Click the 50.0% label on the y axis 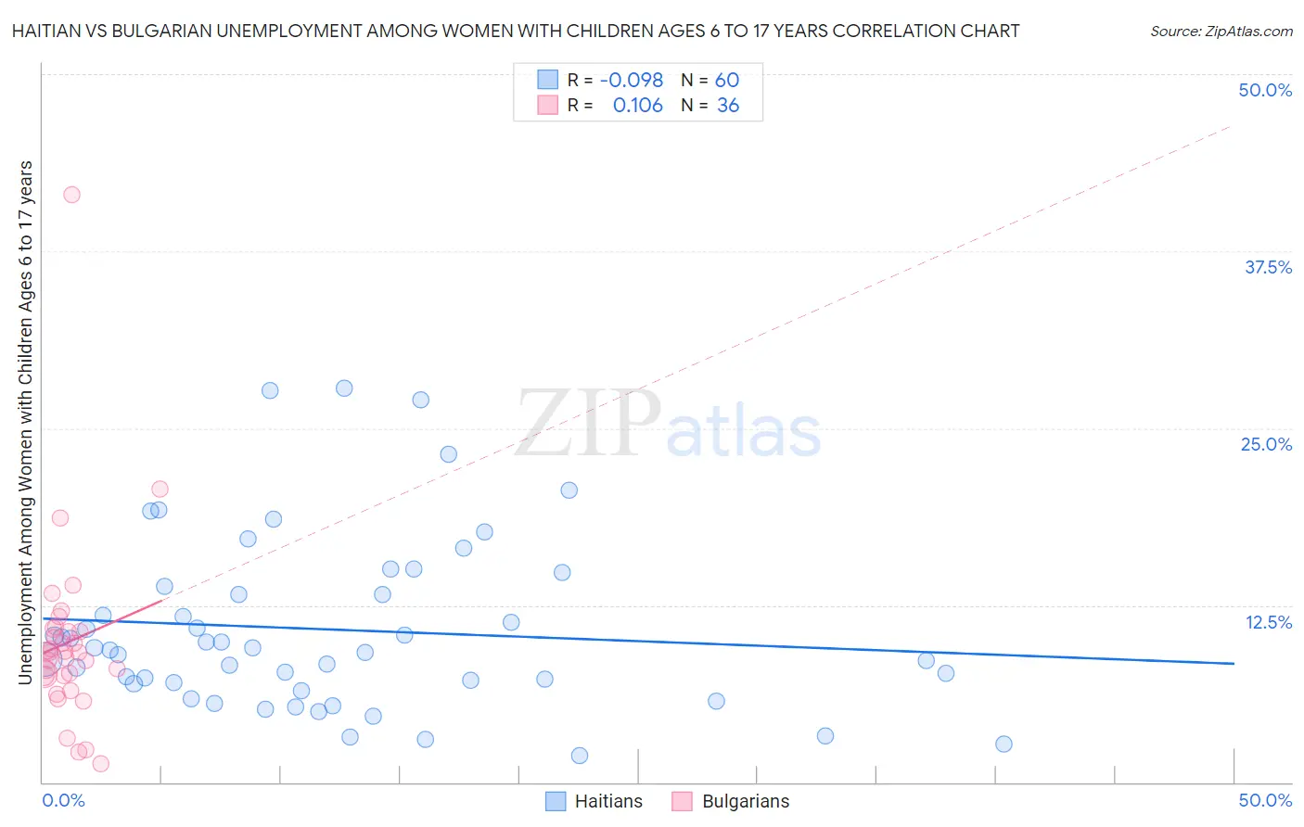click(x=1265, y=90)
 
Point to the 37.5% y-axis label click(x=1268, y=267)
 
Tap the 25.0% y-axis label click(x=1266, y=444)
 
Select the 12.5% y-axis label click(x=1268, y=622)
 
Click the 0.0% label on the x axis click(x=63, y=800)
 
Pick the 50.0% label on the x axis click(x=1265, y=800)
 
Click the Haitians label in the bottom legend click(x=608, y=801)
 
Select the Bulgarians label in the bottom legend click(x=746, y=801)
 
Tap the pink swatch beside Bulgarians click(x=682, y=801)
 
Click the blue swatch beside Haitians click(x=556, y=801)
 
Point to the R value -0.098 click(x=632, y=81)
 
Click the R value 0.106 click(x=638, y=106)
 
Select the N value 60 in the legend click(x=727, y=81)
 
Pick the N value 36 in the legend click(x=728, y=106)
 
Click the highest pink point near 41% click(x=71, y=195)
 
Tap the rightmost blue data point click(x=1004, y=744)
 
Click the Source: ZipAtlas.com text click(x=1221, y=32)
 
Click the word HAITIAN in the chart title click(x=49, y=32)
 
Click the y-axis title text click(x=25, y=423)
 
